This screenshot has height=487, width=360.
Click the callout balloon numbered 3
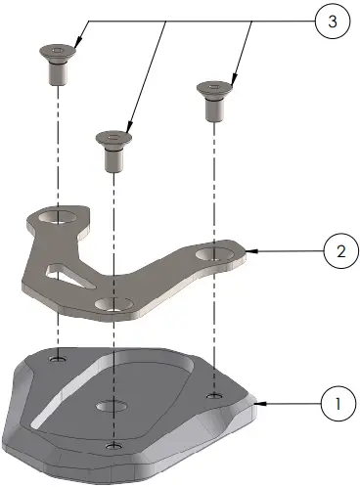(334, 22)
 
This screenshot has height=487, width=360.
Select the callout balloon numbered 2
(338, 251)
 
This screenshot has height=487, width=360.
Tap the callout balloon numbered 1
(337, 402)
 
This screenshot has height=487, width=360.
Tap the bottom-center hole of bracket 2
(114, 307)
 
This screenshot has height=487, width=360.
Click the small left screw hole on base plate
(58, 359)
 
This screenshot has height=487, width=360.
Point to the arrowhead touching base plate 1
(258, 402)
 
